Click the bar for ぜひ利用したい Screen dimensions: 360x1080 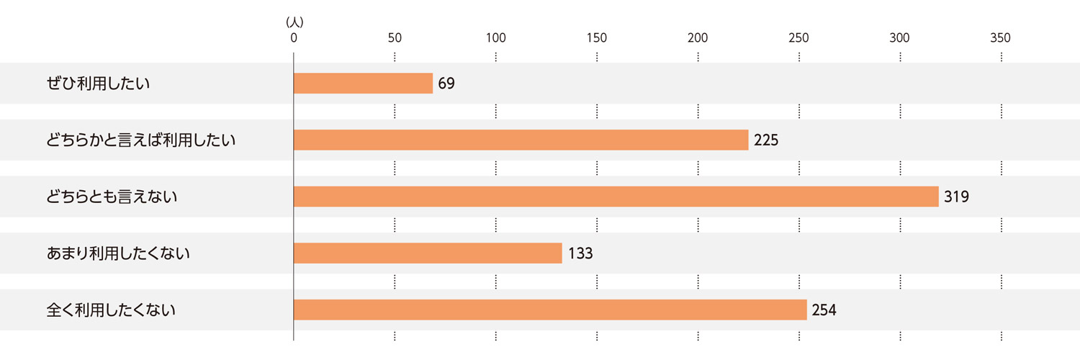tap(363, 84)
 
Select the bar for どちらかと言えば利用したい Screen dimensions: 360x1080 tap(521, 140)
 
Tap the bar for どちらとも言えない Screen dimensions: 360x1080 tap(616, 197)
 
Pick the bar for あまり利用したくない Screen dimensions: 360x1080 tap(428, 253)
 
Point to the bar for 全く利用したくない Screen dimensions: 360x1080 tap(550, 310)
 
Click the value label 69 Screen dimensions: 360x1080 tap(446, 84)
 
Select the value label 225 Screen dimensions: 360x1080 tap(766, 140)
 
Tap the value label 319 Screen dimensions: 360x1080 tap(957, 197)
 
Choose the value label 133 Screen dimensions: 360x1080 tap(580, 253)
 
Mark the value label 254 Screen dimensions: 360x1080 tap(824, 310)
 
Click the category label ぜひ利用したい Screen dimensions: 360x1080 tap(98, 84)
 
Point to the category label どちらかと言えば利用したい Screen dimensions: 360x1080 tap(141, 140)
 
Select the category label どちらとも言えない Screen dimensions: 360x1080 tap(112, 197)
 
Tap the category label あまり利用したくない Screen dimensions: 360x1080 tap(118, 253)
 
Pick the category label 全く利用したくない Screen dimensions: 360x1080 tap(112, 310)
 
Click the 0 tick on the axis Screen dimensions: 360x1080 tap(294, 38)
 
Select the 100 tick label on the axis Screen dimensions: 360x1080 tap(496, 38)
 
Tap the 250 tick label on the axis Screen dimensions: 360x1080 tap(798, 38)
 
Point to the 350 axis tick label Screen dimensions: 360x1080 tap(1001, 38)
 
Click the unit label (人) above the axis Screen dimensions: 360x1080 tap(294, 23)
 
